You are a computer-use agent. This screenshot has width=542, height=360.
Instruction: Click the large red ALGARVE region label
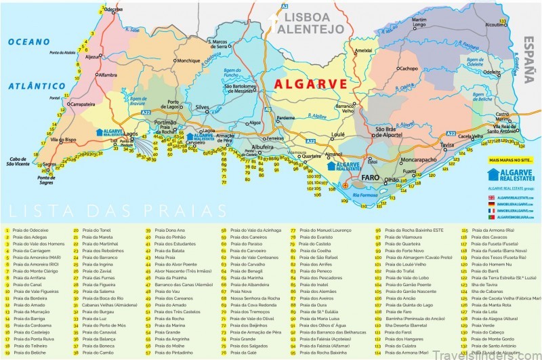pyautogui.click(x=309, y=84)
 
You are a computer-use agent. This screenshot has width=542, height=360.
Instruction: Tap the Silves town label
pyautogui.click(x=201, y=108)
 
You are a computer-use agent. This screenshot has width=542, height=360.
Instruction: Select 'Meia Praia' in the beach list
pyautogui.click(x=166, y=258)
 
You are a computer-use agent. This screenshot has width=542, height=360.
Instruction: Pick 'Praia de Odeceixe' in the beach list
pyautogui.click(x=30, y=231)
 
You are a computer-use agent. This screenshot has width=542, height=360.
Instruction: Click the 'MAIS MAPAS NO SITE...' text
pyautogui.click(x=512, y=160)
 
